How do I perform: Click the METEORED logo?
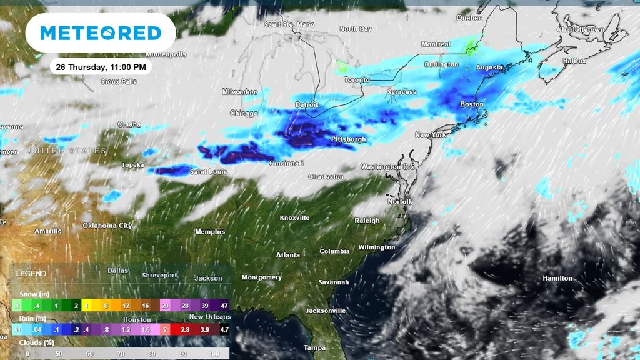pyautogui.click(x=100, y=33)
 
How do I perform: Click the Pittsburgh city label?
pyautogui.click(x=349, y=139)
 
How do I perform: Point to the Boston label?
pyautogui.click(x=472, y=104)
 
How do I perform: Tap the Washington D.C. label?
pyautogui.click(x=389, y=167)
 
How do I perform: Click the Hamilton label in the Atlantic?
pyautogui.click(x=557, y=278)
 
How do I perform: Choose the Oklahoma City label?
pyautogui.click(x=107, y=226)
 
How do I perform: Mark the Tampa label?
pyautogui.click(x=314, y=347)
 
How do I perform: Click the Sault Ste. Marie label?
pyautogui.click(x=289, y=25)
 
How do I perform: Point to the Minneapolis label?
pyautogui.click(x=166, y=54)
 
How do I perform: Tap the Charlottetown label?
pyautogui.click(x=581, y=29)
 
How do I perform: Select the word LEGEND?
pyautogui.click(x=31, y=274)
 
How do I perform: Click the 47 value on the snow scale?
pyautogui.click(x=223, y=306)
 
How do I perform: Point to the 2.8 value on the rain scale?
pyautogui.click(x=185, y=329)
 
